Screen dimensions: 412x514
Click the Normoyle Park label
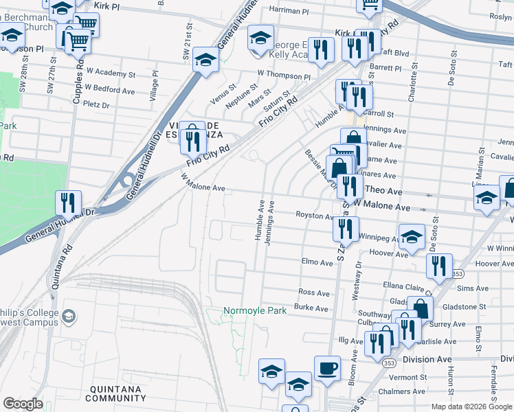click(x=255, y=311)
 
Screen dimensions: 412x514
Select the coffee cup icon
click(x=327, y=368)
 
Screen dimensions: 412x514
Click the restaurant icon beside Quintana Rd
click(x=69, y=203)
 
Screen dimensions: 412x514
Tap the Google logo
click(x=23, y=404)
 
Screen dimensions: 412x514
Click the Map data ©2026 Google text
click(x=471, y=407)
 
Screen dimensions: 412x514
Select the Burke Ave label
click(x=311, y=308)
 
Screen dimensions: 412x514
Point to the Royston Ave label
click(x=314, y=216)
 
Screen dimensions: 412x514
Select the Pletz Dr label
click(x=96, y=106)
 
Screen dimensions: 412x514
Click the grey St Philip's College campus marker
click(x=68, y=316)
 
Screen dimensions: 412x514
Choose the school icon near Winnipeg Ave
click(x=411, y=237)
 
